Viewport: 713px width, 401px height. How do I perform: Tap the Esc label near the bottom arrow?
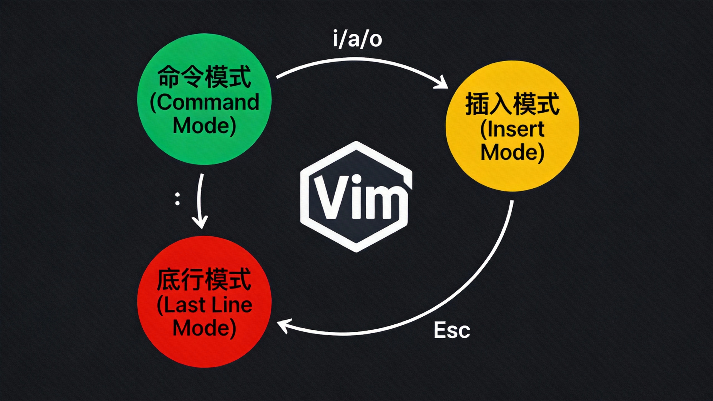pyautogui.click(x=452, y=331)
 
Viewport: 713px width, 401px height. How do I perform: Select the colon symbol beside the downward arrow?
pyautogui.click(x=177, y=199)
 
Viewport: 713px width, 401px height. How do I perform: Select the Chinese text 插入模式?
pyautogui.click(x=512, y=104)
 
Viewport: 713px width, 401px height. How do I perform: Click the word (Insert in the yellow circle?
pyautogui.click(x=512, y=129)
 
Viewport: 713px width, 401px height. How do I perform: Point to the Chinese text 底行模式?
pyautogui.click(x=204, y=280)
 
